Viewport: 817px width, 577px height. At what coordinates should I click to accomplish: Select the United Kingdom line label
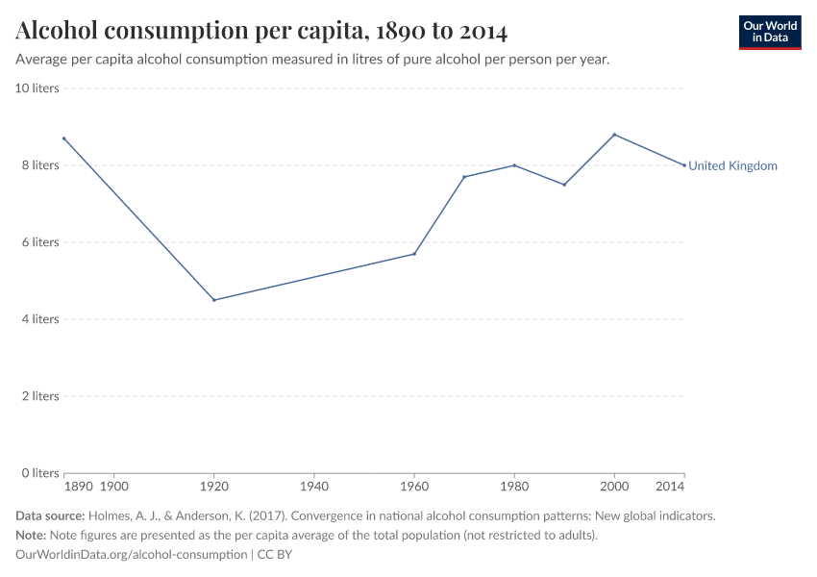click(x=732, y=165)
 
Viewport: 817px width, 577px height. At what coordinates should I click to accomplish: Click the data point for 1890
click(x=64, y=138)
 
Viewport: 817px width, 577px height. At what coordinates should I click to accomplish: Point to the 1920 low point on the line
click(x=214, y=300)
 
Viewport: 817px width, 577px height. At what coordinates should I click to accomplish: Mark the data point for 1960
click(x=414, y=254)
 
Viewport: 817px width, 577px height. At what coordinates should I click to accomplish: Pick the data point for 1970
click(x=464, y=177)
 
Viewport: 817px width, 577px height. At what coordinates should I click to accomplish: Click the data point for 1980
click(x=514, y=165)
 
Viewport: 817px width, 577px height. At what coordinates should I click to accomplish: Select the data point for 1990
click(x=564, y=185)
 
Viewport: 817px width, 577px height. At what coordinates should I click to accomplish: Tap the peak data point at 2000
click(x=614, y=135)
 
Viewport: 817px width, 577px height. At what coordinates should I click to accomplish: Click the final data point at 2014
click(x=684, y=165)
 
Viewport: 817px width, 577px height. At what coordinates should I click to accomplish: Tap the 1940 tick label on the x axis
click(x=314, y=488)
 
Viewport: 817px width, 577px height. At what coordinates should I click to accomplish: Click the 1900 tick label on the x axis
click(x=114, y=488)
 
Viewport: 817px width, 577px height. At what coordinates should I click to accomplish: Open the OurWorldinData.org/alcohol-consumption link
click(x=132, y=555)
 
